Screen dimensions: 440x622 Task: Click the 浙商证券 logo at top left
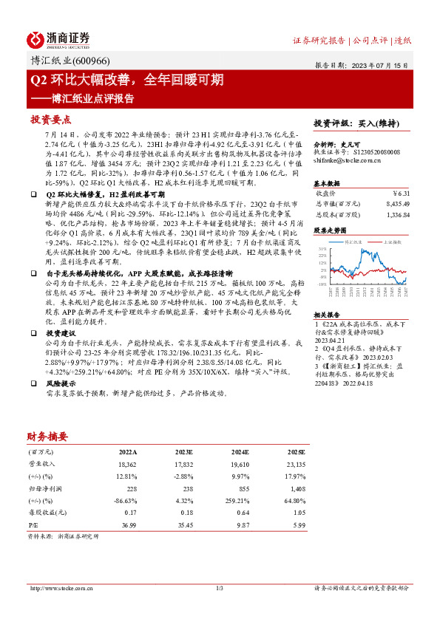coord(58,38)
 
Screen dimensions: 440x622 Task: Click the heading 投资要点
coord(50,119)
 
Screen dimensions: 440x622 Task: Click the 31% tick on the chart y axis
coord(322,249)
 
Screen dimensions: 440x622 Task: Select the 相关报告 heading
coord(328,313)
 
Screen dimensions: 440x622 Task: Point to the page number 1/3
coord(220,588)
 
